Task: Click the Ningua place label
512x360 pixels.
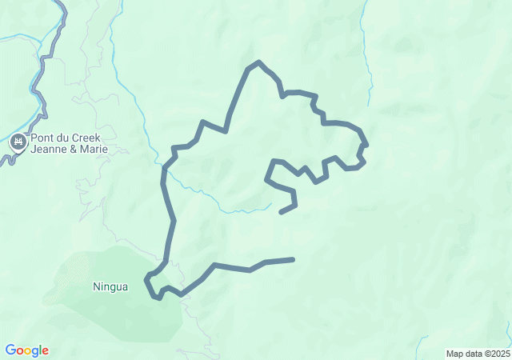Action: tap(110, 286)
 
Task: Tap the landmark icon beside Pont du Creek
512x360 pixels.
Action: tap(18, 143)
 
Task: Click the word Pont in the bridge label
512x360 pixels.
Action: tap(44, 138)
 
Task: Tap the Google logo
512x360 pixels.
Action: tap(26, 350)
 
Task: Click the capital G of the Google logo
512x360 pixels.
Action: tap(10, 350)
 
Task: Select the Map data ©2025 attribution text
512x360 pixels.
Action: tap(477, 354)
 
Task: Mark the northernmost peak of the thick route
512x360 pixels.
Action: tap(258, 62)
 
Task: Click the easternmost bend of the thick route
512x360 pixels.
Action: tap(366, 145)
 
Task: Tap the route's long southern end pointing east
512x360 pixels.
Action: tap(293, 259)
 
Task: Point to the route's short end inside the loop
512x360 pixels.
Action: tap(281, 212)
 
